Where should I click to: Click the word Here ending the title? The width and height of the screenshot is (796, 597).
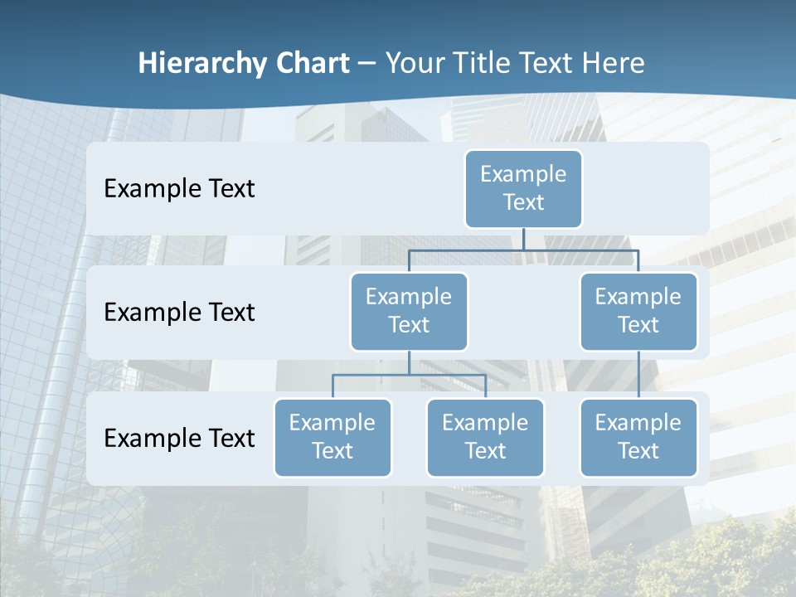[613, 64]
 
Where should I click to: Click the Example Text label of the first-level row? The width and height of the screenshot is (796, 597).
[179, 189]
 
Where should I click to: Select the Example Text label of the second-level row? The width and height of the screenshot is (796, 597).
[179, 313]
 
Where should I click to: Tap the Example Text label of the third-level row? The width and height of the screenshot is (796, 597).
[179, 438]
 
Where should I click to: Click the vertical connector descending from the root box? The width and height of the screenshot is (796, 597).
[523, 239]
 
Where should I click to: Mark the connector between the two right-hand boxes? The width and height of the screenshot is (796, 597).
[638, 375]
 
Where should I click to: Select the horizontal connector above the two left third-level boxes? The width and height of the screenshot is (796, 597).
[409, 375]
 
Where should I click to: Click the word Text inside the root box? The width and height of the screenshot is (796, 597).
[523, 202]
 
